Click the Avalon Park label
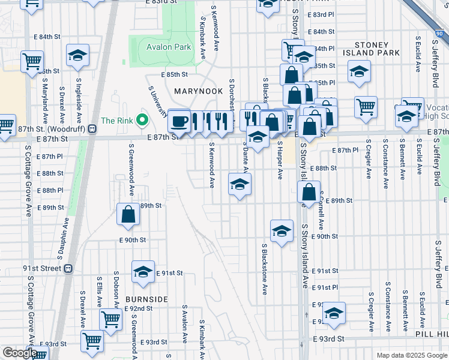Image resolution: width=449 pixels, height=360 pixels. click(x=164, y=47)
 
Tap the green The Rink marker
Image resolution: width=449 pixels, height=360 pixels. click(x=142, y=121)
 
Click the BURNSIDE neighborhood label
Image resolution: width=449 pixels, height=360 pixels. click(x=146, y=299)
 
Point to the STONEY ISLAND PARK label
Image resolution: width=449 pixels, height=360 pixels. click(x=377, y=49)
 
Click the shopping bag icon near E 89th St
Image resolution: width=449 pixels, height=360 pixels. click(x=128, y=215)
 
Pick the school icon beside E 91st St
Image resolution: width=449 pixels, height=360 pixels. click(x=143, y=272)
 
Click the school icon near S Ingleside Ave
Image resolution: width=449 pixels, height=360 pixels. click(x=77, y=56)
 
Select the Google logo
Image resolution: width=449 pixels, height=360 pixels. click(x=19, y=353)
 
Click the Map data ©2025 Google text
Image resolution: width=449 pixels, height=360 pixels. click(x=411, y=355)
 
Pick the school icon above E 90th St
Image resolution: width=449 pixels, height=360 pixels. click(x=282, y=231)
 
